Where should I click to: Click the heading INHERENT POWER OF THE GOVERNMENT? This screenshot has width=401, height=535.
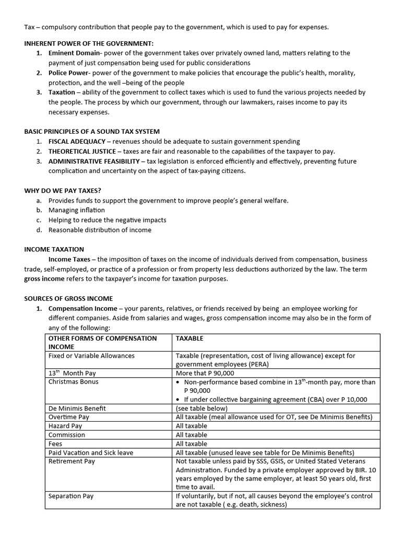click(89, 43)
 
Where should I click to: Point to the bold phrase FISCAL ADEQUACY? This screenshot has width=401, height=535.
click(76, 141)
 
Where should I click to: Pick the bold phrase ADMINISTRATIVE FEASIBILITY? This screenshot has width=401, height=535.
click(94, 161)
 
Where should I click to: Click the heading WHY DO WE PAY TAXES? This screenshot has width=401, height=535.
click(62, 190)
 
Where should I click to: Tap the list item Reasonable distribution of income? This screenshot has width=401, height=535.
click(100, 230)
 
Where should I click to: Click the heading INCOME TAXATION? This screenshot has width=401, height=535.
click(54, 249)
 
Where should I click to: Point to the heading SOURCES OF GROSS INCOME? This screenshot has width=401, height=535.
click(68, 298)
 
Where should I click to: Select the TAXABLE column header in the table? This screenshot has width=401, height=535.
click(190, 338)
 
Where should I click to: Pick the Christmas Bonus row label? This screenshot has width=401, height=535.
click(73, 381)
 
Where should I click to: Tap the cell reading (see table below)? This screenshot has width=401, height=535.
click(202, 408)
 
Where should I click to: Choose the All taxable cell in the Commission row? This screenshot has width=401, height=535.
click(192, 435)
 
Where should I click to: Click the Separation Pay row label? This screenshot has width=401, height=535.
click(71, 496)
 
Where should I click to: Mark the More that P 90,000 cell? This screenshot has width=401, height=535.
click(205, 373)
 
